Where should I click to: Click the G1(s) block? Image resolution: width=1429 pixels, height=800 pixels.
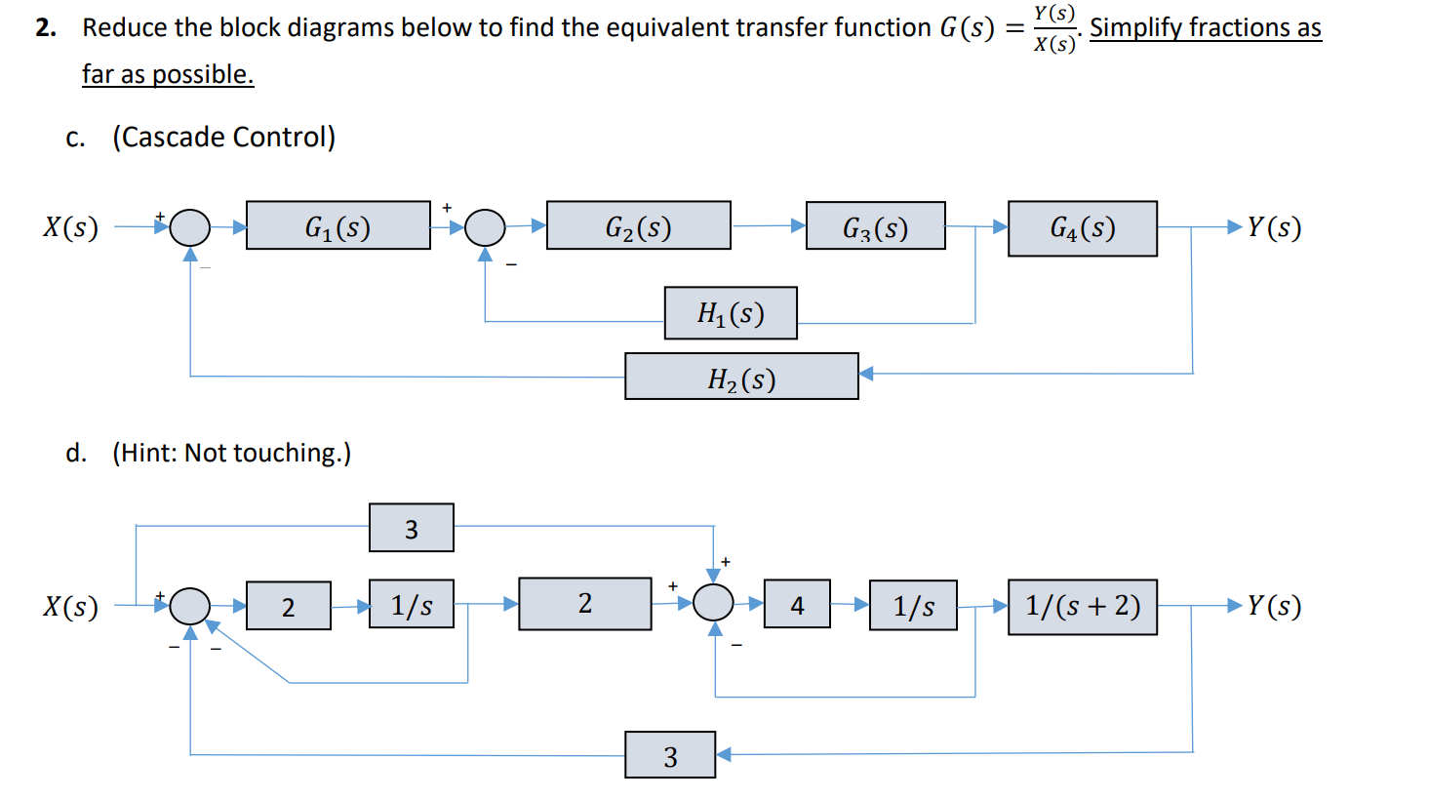click(x=337, y=226)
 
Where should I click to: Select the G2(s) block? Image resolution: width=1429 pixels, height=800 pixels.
click(x=638, y=226)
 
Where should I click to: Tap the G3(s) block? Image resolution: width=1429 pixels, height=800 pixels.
click(x=875, y=226)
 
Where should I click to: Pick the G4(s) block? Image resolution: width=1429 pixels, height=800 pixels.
click(x=1082, y=228)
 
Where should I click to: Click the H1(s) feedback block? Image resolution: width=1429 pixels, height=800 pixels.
click(x=731, y=313)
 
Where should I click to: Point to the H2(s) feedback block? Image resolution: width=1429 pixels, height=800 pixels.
click(x=741, y=377)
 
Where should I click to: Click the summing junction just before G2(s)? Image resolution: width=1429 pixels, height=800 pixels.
click(x=485, y=227)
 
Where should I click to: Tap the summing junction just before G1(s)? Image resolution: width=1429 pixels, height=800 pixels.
click(x=190, y=227)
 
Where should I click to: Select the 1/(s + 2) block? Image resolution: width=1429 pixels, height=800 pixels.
click(x=1082, y=607)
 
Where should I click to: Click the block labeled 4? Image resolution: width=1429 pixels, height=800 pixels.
click(x=797, y=605)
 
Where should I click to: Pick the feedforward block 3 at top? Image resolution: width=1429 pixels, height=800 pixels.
click(x=411, y=528)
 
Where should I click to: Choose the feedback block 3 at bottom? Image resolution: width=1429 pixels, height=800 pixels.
click(x=670, y=755)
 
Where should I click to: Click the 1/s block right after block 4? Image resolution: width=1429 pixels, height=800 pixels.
click(x=913, y=606)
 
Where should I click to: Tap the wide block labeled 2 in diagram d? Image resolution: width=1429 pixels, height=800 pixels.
click(x=584, y=604)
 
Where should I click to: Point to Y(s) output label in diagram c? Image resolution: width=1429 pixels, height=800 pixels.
click(x=1274, y=227)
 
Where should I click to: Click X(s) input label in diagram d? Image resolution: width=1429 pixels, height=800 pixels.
click(x=70, y=607)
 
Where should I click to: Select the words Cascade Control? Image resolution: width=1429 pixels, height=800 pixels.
click(x=224, y=138)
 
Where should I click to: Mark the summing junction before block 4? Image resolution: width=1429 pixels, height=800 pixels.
click(x=713, y=603)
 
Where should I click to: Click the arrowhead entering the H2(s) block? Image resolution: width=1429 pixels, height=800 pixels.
click(x=866, y=374)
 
